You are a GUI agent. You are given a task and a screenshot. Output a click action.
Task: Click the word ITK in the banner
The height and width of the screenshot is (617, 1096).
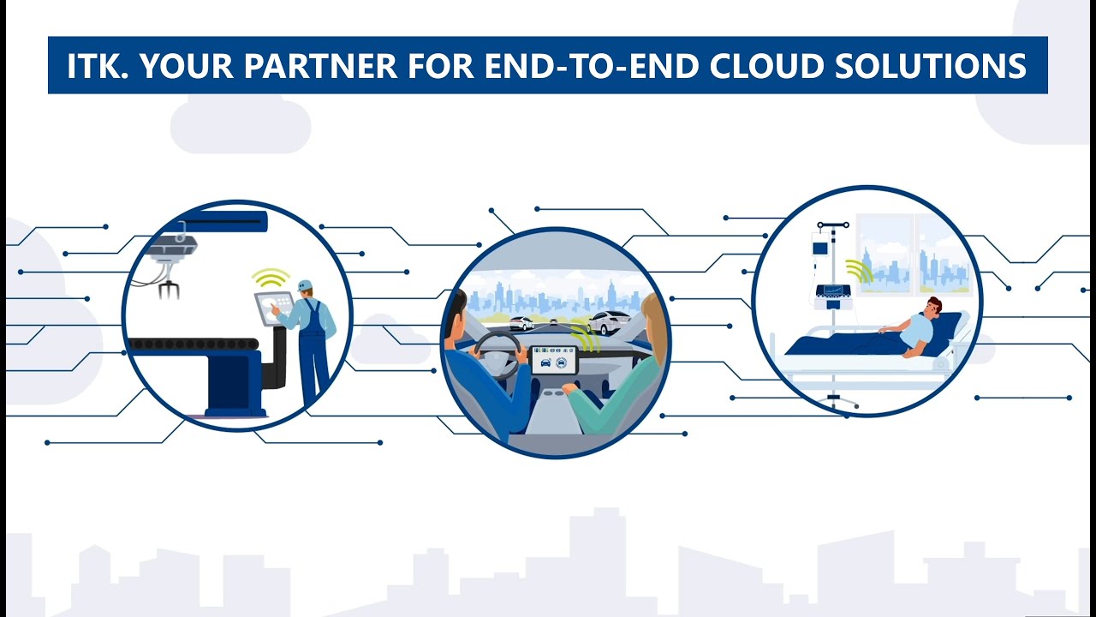[94, 66]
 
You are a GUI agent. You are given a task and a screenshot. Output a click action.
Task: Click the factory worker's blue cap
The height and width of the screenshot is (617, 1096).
[305, 285]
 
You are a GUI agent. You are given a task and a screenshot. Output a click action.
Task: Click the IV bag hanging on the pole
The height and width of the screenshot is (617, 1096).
[820, 248]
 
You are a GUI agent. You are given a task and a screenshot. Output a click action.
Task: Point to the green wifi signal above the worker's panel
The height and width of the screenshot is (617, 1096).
[271, 279]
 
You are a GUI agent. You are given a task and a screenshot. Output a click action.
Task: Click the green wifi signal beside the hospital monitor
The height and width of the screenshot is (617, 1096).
[860, 271]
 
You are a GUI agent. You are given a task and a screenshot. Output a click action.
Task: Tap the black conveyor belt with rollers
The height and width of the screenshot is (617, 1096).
[193, 344]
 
